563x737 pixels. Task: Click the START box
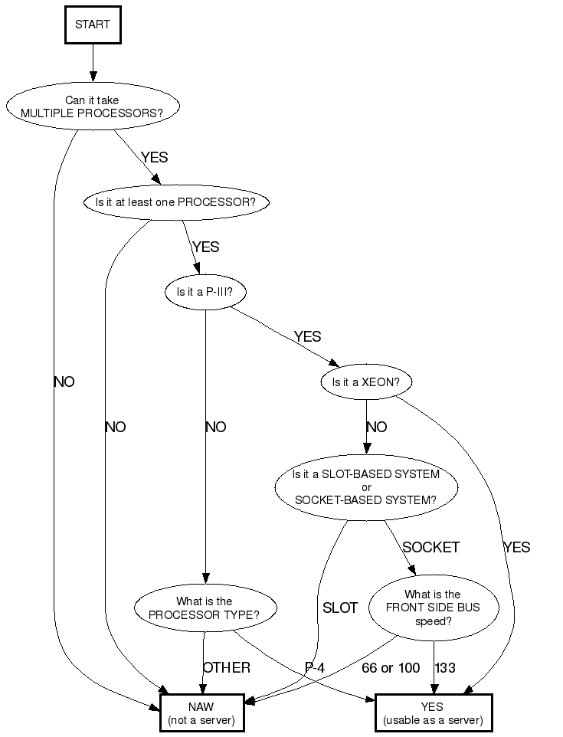pyautogui.click(x=93, y=25)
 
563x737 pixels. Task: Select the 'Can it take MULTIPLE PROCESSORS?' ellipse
pyautogui.click(x=92, y=106)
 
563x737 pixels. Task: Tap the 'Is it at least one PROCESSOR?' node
pyautogui.click(x=176, y=203)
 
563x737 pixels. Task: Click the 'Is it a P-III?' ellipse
pyautogui.click(x=205, y=292)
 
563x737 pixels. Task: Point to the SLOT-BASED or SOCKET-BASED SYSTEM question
pyautogui.click(x=366, y=487)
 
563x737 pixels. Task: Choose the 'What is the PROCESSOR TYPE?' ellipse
pyautogui.click(x=204, y=608)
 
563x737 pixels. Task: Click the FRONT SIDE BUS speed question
pyautogui.click(x=433, y=608)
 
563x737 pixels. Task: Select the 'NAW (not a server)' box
pyautogui.click(x=202, y=714)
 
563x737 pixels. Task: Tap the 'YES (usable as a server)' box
pyautogui.click(x=433, y=714)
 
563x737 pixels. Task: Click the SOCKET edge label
pyautogui.click(x=430, y=547)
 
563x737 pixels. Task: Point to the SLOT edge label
pyautogui.click(x=340, y=608)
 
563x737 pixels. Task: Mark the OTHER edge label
pyautogui.click(x=227, y=668)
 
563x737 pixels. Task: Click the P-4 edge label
pyautogui.click(x=315, y=668)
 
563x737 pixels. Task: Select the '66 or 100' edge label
pyautogui.click(x=391, y=668)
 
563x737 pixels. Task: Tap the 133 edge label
pyautogui.click(x=445, y=668)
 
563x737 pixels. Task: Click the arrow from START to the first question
pyautogui.click(x=93, y=62)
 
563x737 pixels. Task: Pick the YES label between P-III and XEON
pyautogui.click(x=307, y=337)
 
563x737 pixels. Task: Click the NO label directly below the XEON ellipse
pyautogui.click(x=377, y=427)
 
